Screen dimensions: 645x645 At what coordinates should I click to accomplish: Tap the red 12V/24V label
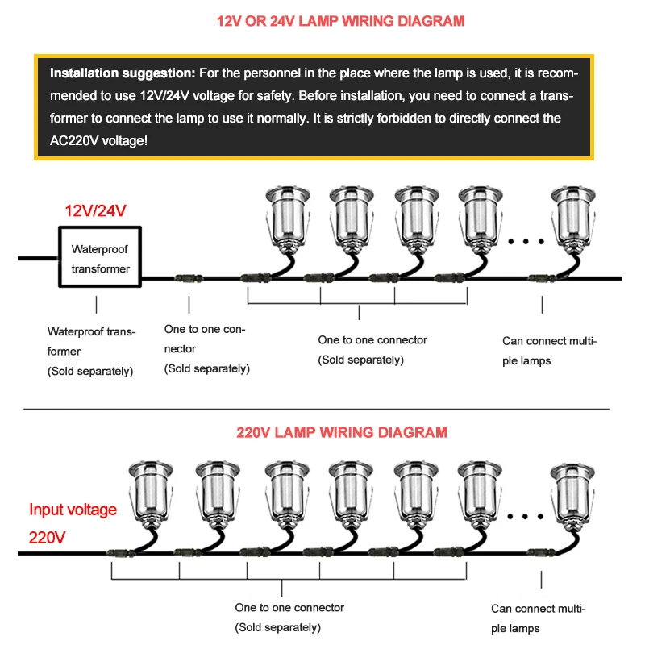[x=96, y=211]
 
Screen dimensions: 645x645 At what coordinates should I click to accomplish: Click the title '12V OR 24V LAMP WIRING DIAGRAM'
[x=322, y=20]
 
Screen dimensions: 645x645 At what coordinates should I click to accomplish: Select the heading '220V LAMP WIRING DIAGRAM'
[x=342, y=432]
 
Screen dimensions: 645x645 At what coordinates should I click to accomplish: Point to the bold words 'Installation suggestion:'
[x=122, y=73]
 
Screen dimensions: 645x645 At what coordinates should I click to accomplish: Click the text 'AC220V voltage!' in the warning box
[x=99, y=140]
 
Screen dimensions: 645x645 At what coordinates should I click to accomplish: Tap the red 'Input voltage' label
[x=73, y=510]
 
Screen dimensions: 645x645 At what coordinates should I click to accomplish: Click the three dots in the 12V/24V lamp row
[x=530, y=240]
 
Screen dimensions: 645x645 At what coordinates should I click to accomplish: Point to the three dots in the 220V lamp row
[x=530, y=515]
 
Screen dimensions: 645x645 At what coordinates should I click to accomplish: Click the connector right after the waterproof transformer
[x=187, y=278]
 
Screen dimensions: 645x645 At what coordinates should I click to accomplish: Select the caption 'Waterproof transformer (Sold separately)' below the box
[x=91, y=351]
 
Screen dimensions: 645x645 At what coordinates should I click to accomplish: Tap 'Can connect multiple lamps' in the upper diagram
[x=549, y=351]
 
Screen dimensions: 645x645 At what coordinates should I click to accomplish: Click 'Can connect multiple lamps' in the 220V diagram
[x=538, y=618]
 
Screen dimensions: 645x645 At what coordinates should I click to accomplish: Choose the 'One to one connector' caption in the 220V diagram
[x=289, y=617]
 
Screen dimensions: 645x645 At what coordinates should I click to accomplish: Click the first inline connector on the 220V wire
[x=117, y=553]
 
